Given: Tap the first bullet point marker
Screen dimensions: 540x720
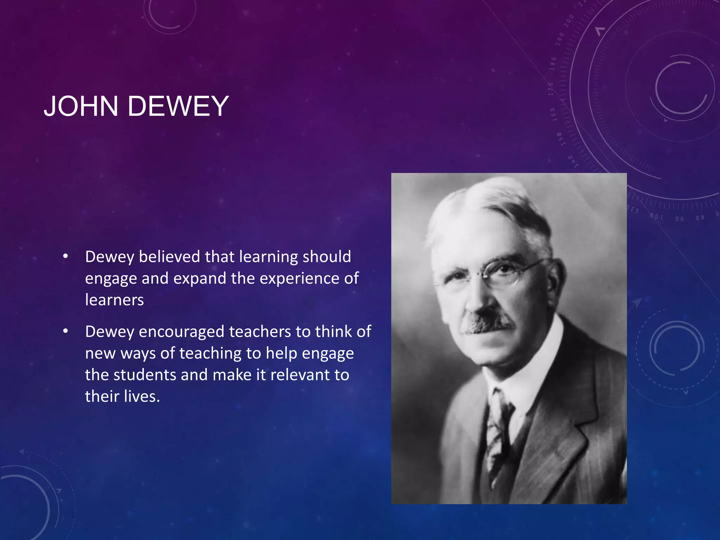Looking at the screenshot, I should tap(65, 257).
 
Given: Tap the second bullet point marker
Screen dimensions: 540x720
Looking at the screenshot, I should tap(65, 332).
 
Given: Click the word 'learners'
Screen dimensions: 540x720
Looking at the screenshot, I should tap(115, 300).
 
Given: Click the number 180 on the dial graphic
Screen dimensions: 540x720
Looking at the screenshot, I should tap(553, 63).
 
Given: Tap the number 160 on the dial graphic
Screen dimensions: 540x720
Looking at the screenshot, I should tap(553, 114).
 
